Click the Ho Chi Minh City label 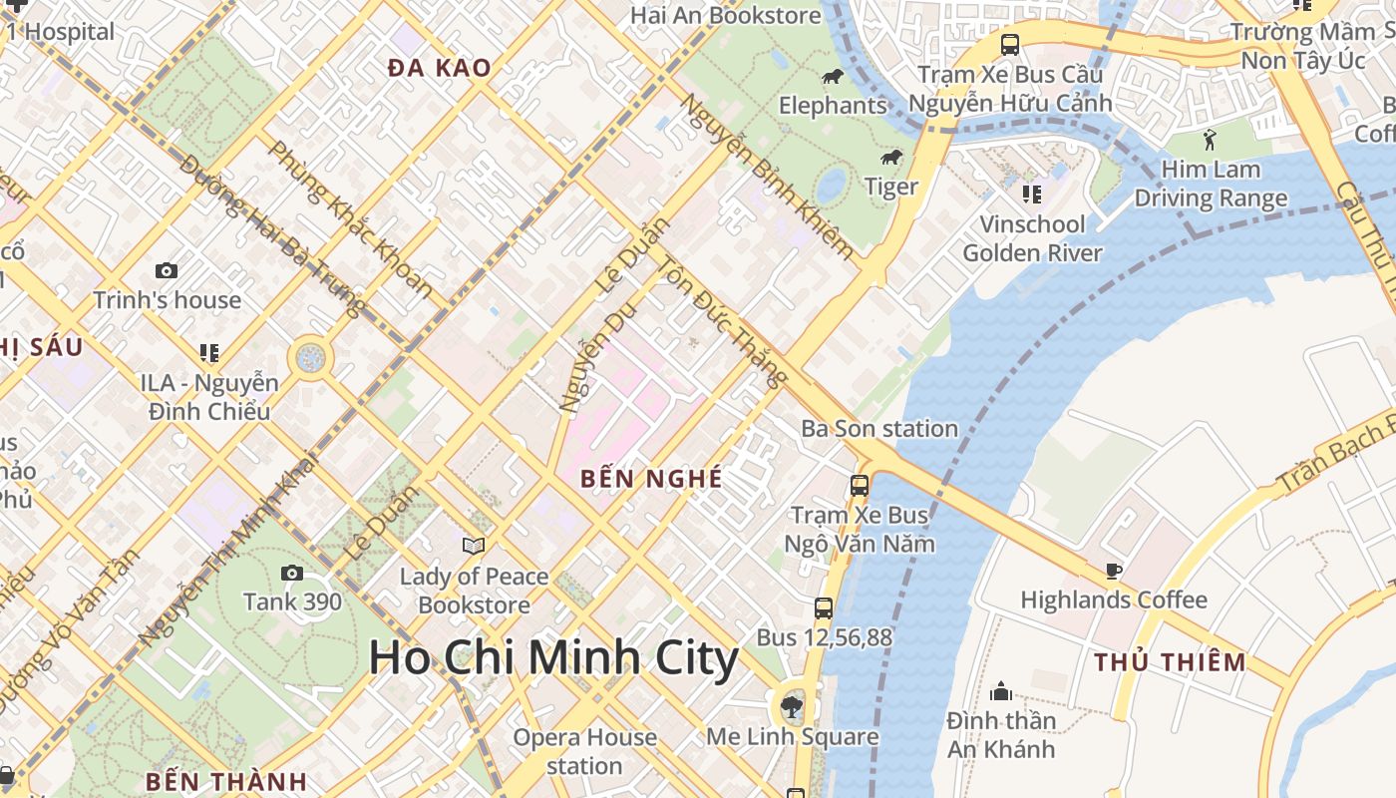[553, 658]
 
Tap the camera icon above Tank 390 [292, 573]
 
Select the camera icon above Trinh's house [167, 270]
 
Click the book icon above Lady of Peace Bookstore [474, 546]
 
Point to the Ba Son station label [879, 429]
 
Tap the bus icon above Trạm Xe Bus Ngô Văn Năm [859, 486]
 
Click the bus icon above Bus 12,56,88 [824, 607]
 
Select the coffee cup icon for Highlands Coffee [1113, 571]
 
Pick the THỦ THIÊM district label [1170, 662]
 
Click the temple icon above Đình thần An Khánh [1001, 691]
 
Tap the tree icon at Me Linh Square [792, 707]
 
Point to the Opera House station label [584, 751]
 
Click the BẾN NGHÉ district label [651, 478]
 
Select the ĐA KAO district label [440, 68]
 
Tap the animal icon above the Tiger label [890, 158]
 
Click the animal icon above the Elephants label [832, 77]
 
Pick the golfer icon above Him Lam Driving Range [1211, 139]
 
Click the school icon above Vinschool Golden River [1032, 194]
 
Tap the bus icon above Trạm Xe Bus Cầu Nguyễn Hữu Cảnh [1010, 45]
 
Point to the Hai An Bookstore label [726, 15]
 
